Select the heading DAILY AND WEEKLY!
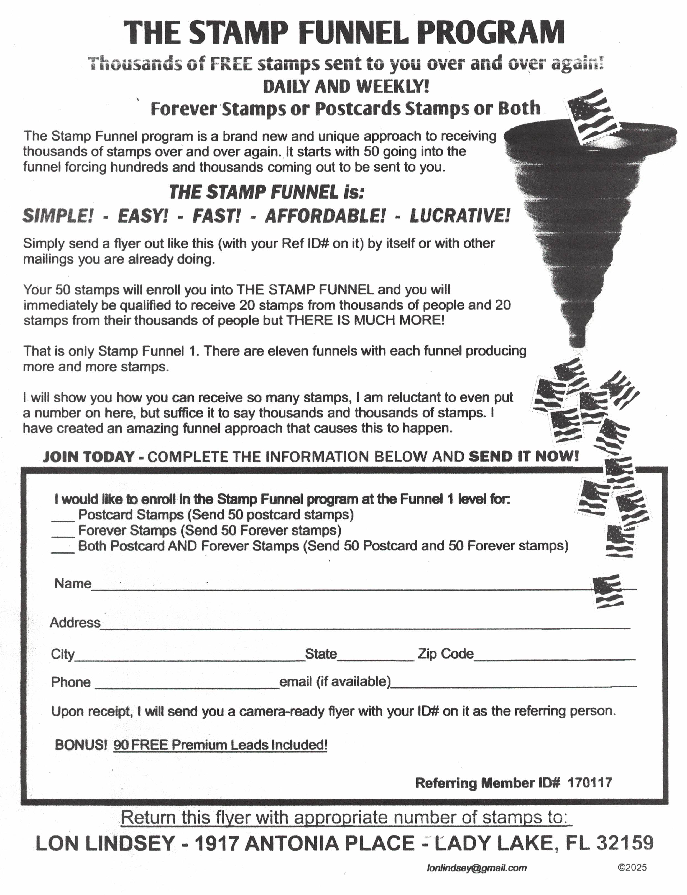coord(346,87)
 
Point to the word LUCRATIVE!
coord(460,216)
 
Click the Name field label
coord(73,583)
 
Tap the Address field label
coord(75,623)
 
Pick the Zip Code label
coord(445,654)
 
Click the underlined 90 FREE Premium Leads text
coord(220,745)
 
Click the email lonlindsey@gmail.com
coord(476,868)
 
